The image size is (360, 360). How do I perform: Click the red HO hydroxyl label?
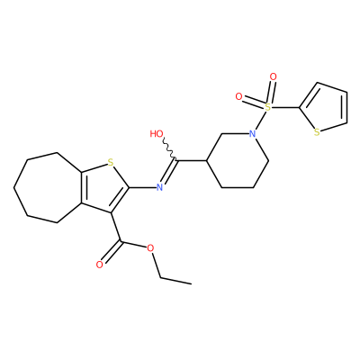[157, 134]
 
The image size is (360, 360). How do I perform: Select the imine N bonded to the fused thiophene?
[159, 188]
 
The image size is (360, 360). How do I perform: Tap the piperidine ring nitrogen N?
[254, 134]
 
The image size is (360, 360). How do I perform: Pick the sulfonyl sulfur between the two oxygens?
[268, 106]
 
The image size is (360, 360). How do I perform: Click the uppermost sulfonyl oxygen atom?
[273, 76]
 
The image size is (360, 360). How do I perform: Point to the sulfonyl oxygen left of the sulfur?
[238, 96]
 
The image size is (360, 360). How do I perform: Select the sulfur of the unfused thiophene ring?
[317, 132]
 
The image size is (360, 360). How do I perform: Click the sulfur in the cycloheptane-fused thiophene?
[111, 163]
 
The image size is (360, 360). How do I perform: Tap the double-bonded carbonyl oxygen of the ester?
[100, 265]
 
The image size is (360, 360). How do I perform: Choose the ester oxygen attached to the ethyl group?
[150, 248]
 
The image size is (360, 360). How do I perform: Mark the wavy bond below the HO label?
[170, 149]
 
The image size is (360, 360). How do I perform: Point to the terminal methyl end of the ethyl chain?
[191, 283]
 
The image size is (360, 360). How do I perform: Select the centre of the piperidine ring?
[238, 161]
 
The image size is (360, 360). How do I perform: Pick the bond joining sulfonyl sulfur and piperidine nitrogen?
[261, 120]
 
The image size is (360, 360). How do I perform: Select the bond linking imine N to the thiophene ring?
[142, 188]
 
